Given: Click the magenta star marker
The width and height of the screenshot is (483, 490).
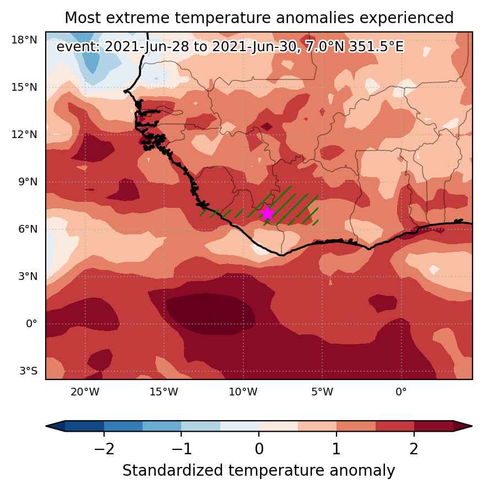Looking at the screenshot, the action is (x=267, y=213).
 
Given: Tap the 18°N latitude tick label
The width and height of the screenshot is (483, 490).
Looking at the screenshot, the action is (x=24, y=40).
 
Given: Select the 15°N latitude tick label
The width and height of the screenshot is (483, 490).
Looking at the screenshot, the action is (x=24, y=87).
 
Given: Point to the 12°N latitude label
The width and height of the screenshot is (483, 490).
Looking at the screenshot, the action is (x=24, y=135).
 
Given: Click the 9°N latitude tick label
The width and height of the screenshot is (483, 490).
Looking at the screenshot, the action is (x=28, y=182).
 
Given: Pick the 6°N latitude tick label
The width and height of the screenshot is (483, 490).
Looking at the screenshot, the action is (x=28, y=229).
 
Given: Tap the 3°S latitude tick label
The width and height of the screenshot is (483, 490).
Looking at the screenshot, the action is (x=28, y=371).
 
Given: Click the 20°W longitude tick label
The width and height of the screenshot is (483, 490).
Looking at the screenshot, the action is (x=85, y=392).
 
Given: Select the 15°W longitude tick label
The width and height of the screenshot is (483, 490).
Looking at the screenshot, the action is (x=164, y=392).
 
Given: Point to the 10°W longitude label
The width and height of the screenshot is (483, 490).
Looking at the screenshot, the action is (x=243, y=392).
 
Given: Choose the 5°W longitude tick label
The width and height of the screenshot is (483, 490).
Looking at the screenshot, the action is (x=322, y=392).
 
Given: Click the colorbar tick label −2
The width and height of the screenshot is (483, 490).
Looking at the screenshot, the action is (x=104, y=449).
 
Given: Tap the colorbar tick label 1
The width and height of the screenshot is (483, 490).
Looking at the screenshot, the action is (x=337, y=449).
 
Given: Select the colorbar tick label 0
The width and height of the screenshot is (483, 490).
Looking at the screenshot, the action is (x=259, y=449).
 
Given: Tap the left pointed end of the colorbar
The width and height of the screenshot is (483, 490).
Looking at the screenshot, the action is (x=47, y=426).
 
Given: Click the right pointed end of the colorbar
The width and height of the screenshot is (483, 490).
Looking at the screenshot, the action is (x=471, y=426).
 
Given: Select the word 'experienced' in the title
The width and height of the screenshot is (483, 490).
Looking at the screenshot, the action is (x=406, y=18).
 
